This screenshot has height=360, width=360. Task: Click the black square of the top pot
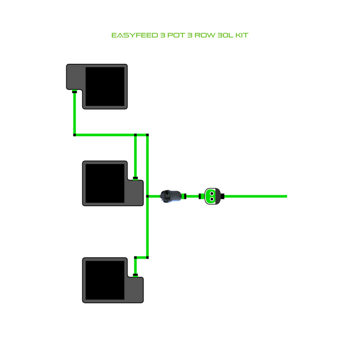tap(105, 86)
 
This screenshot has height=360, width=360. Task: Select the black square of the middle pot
tap(105, 183)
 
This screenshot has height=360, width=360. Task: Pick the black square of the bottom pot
tap(105, 280)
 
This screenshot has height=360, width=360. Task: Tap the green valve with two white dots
tap(212, 195)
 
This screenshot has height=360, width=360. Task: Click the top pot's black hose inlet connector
tap(75, 92)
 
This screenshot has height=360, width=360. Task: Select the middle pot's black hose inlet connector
tap(135, 178)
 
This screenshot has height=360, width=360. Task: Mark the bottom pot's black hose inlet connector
tap(135, 275)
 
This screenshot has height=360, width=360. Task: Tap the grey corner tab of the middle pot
tap(135, 193)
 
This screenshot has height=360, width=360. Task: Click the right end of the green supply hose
tap(285, 196)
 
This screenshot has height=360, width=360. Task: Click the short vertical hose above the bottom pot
tap(135, 265)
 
